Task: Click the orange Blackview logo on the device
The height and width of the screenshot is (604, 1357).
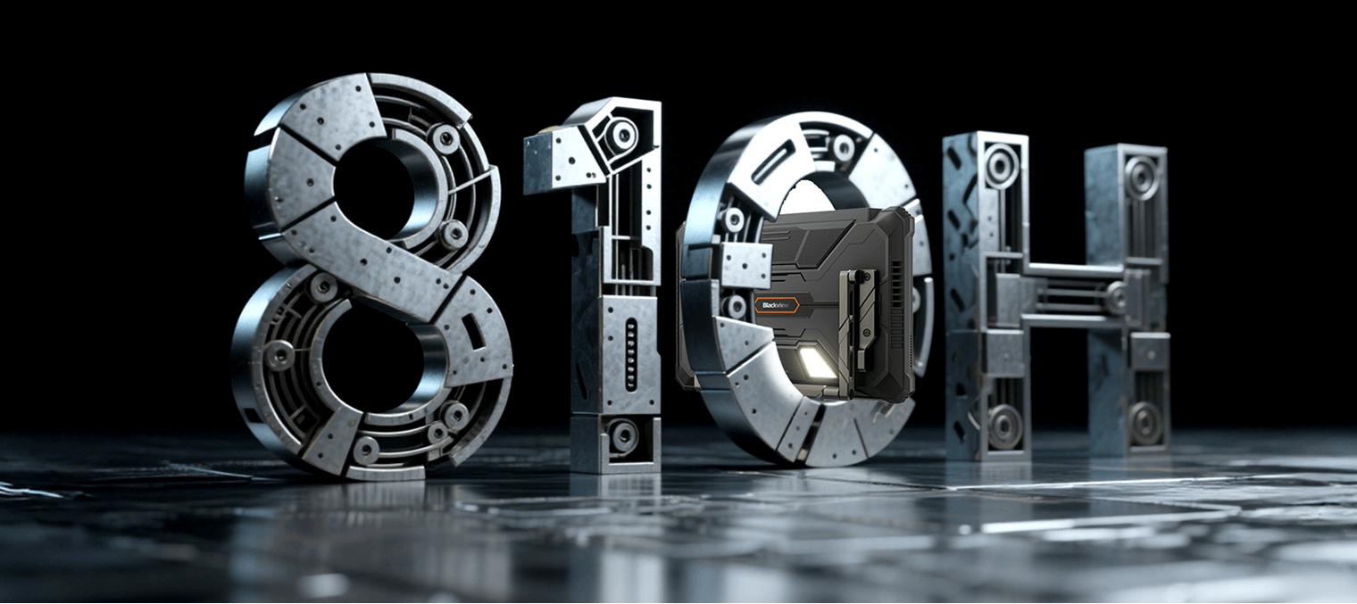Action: click(x=777, y=305)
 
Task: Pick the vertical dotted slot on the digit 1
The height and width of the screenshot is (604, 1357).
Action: click(x=631, y=355)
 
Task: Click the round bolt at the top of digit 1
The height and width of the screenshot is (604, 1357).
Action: click(x=620, y=135)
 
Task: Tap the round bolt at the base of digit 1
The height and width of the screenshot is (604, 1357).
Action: click(x=623, y=434)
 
